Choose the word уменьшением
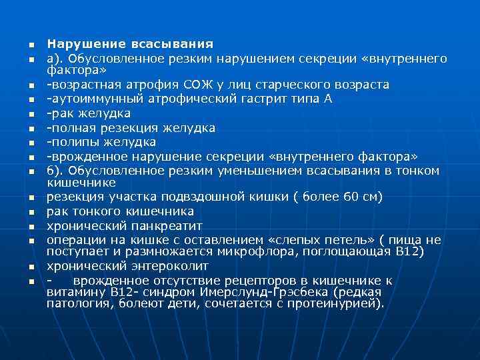243,171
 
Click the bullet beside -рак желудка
31,114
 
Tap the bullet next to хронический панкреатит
31,227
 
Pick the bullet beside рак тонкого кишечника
31,213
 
